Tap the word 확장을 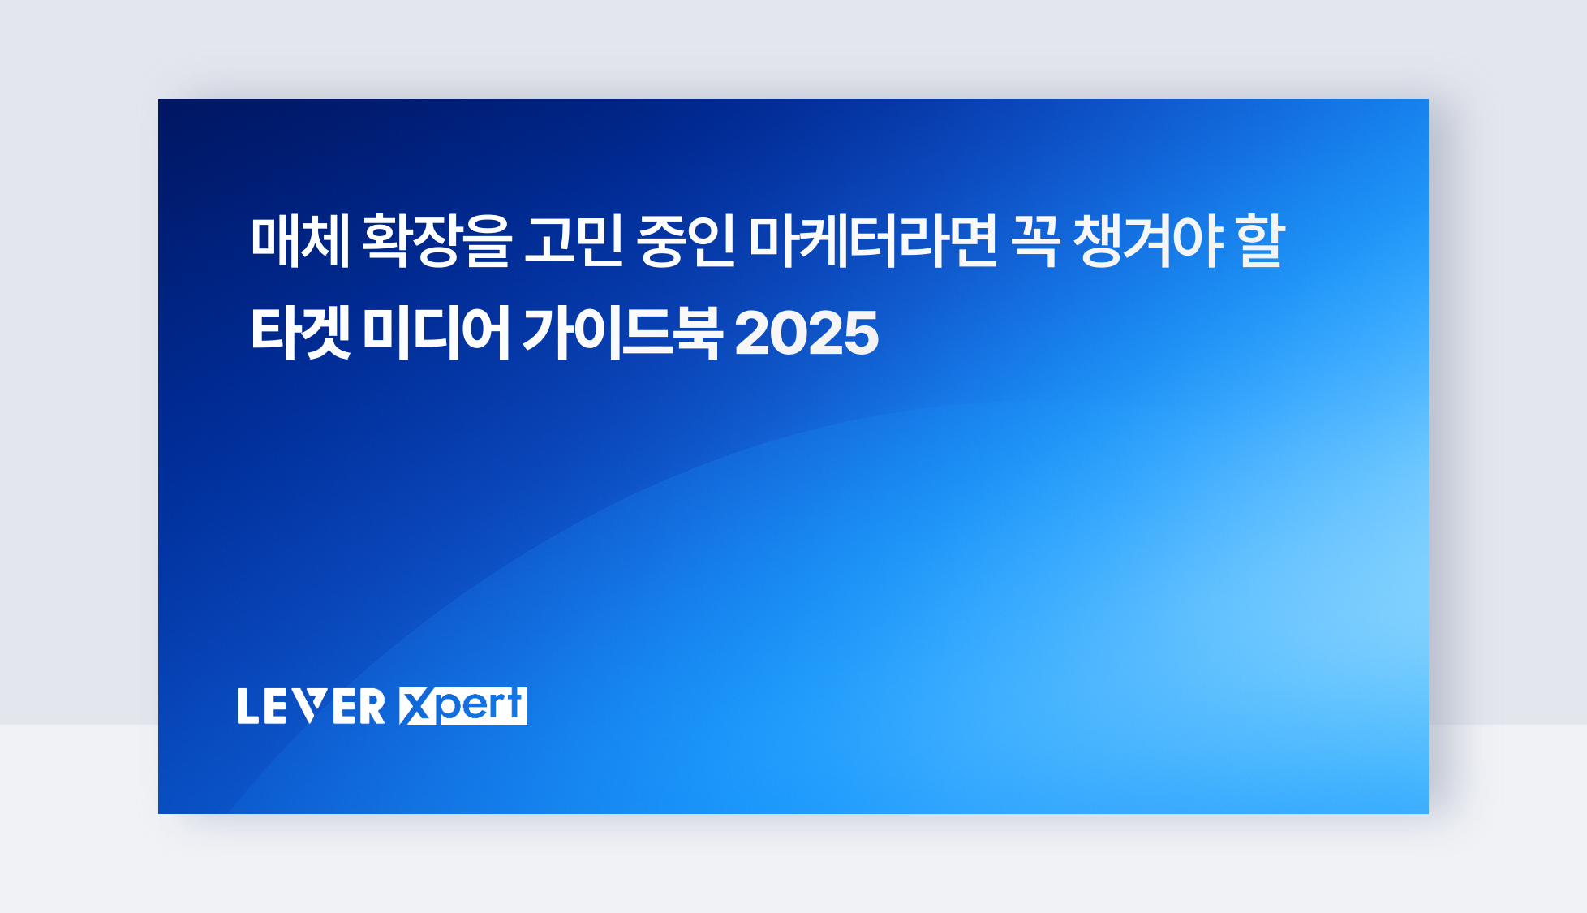click(437, 241)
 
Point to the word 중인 click(686, 241)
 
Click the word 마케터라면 click(872, 241)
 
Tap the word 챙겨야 click(1148, 241)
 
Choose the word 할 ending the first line click(1260, 241)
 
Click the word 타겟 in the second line click(300, 333)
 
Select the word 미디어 click(436, 333)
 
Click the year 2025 click(806, 334)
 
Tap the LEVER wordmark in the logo click(311, 706)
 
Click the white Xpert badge click(463, 706)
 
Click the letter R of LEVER click(372, 706)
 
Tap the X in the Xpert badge click(416, 706)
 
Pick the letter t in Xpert click(514, 704)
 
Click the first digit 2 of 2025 click(752, 334)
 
